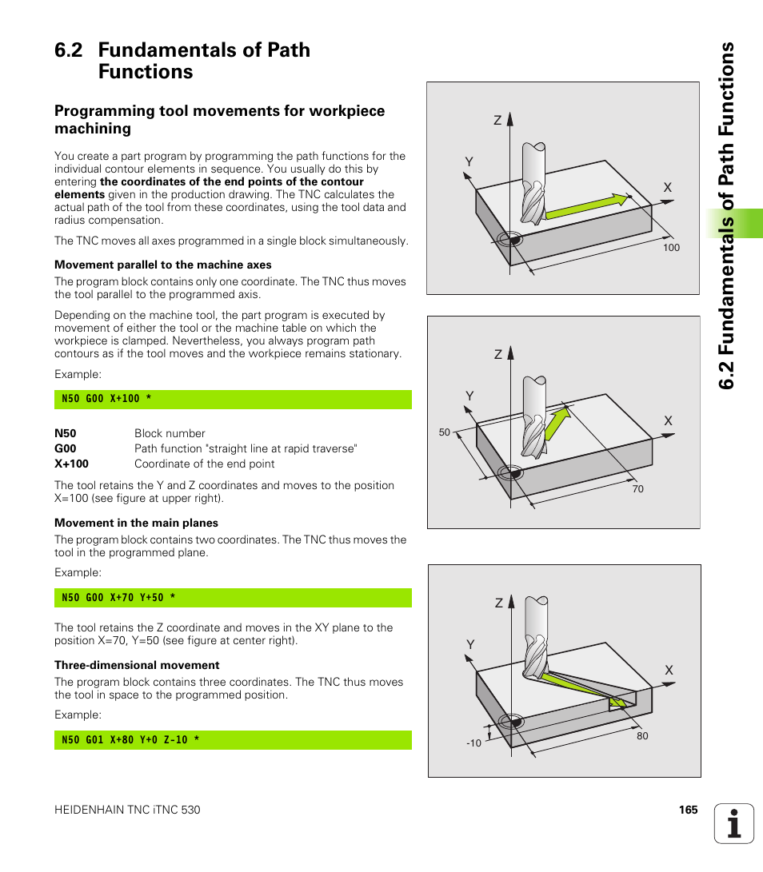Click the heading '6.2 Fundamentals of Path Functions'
[x=182, y=61]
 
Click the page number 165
[x=688, y=810]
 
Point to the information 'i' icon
[x=734, y=823]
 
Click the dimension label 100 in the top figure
[x=671, y=248]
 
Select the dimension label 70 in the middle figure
[x=637, y=489]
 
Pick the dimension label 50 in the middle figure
[x=445, y=432]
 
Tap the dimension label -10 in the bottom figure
[x=473, y=743]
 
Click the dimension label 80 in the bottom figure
[x=642, y=736]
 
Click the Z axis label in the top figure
[x=497, y=121]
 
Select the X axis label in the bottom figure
[x=669, y=670]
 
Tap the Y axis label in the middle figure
[x=470, y=396]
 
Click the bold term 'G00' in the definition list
[x=66, y=448]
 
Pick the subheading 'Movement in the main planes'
[x=136, y=523]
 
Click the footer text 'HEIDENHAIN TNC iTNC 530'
[x=127, y=810]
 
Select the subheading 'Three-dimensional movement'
[x=137, y=665]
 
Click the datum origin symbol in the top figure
[x=509, y=239]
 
